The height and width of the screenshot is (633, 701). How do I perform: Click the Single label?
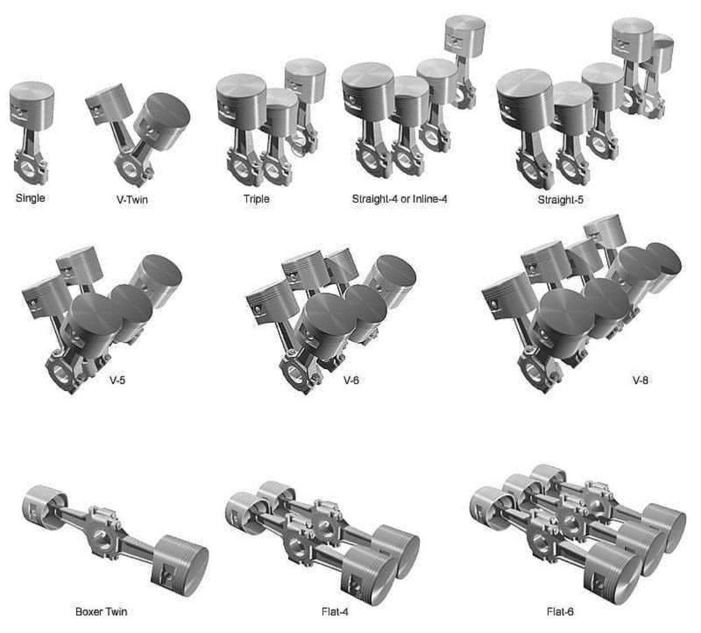coord(30,198)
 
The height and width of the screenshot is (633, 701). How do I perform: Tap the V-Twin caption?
coord(132,199)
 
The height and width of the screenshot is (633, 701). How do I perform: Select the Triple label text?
coord(256,199)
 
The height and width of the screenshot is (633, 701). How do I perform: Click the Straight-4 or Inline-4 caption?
coord(400,199)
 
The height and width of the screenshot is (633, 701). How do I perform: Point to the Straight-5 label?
coord(560,199)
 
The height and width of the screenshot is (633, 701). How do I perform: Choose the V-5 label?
coord(117,379)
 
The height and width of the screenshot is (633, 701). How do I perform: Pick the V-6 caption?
coord(351,379)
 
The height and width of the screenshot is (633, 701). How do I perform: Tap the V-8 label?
coord(640,380)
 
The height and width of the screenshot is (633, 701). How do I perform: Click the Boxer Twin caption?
coord(102,612)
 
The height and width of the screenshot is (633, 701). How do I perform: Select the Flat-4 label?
coord(335,612)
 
